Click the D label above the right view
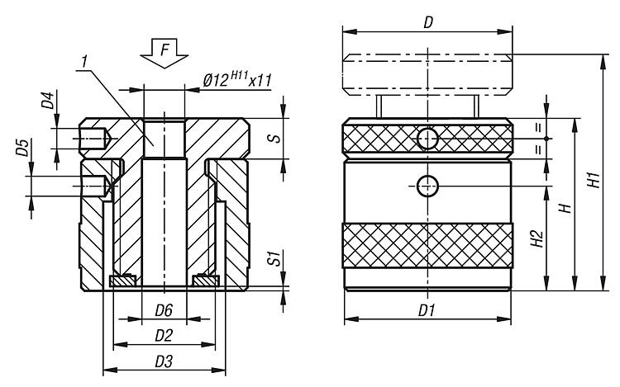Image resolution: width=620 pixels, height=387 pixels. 427,23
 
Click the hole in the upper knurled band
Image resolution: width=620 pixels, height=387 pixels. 427,139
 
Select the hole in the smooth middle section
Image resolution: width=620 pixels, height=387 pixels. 427,186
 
